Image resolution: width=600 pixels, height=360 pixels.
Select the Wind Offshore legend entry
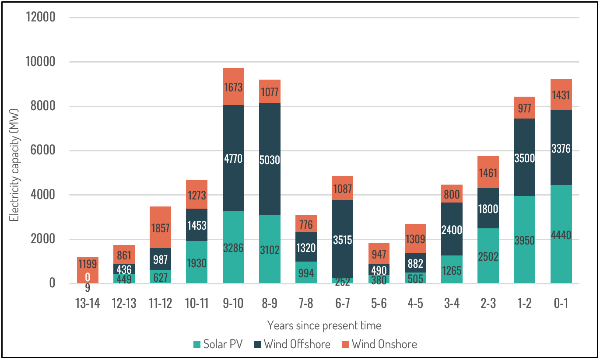tap(292, 344)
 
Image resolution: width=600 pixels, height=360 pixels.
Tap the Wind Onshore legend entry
tap(379, 344)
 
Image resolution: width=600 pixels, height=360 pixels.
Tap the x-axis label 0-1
tap(561, 304)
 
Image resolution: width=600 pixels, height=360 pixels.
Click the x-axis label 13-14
tap(88, 304)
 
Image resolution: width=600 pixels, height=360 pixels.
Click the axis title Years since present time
tap(324, 325)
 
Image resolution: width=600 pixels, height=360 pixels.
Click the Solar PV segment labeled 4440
tap(561, 234)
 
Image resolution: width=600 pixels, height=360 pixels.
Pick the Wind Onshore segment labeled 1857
tap(160, 227)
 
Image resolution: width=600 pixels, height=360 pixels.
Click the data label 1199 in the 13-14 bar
tap(88, 264)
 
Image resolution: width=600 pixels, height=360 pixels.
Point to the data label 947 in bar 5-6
tap(379, 254)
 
